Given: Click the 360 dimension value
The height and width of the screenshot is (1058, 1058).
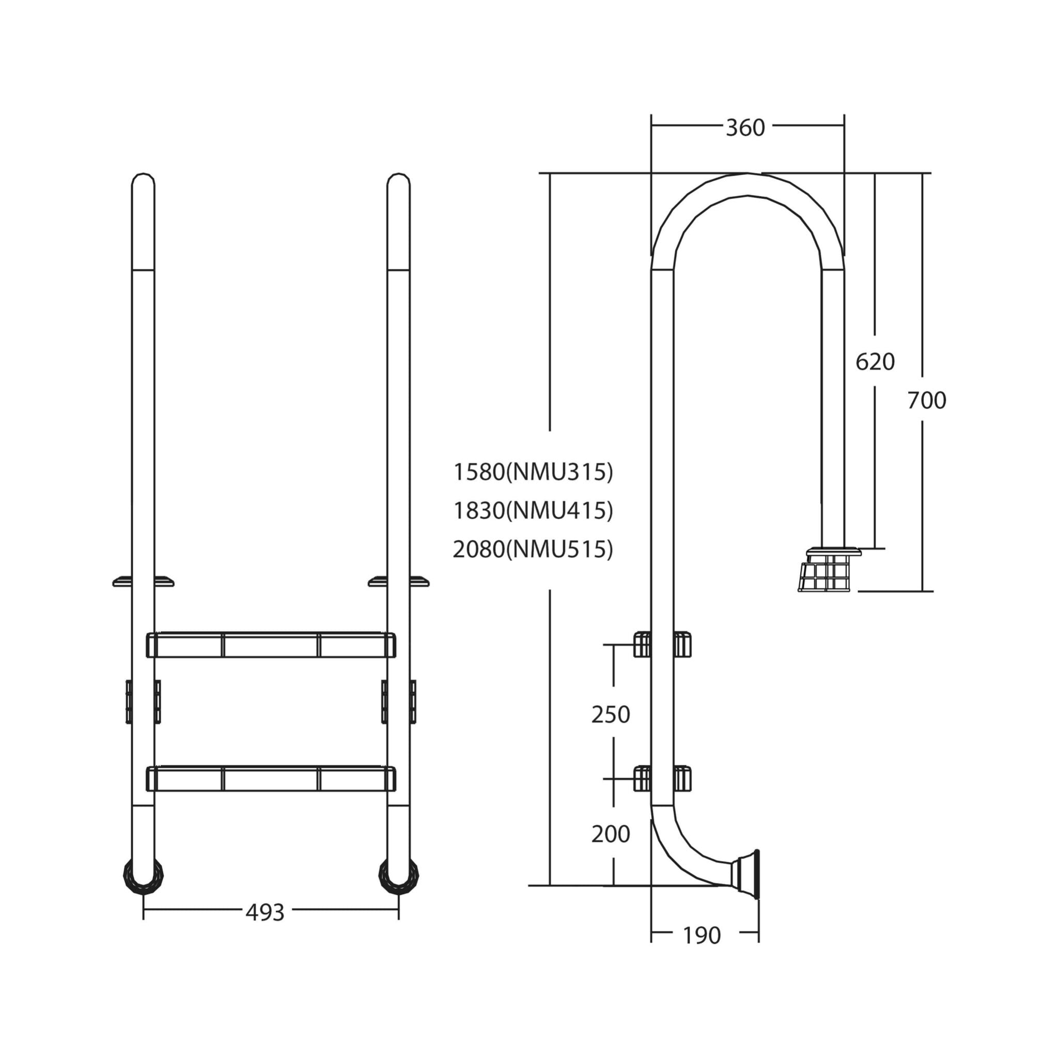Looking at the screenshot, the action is [745, 128].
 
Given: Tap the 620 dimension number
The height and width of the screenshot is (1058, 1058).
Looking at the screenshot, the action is [875, 362].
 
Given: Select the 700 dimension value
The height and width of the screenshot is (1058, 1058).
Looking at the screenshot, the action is [927, 400].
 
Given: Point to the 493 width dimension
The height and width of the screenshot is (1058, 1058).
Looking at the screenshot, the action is [265, 912].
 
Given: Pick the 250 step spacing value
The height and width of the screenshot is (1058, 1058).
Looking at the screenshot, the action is [611, 714].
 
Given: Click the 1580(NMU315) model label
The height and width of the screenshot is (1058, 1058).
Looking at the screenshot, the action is [533, 472].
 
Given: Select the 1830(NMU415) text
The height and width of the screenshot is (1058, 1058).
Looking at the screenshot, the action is [533, 510].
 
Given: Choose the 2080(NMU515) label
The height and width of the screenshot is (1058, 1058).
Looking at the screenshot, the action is [533, 549].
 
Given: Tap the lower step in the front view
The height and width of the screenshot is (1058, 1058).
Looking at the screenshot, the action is [271, 779].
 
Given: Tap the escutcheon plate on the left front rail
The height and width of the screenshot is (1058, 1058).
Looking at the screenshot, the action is [143, 581].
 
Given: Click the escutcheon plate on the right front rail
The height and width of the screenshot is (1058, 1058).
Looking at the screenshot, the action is [398, 581].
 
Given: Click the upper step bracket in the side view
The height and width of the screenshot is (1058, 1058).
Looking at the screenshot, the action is [662, 644].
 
